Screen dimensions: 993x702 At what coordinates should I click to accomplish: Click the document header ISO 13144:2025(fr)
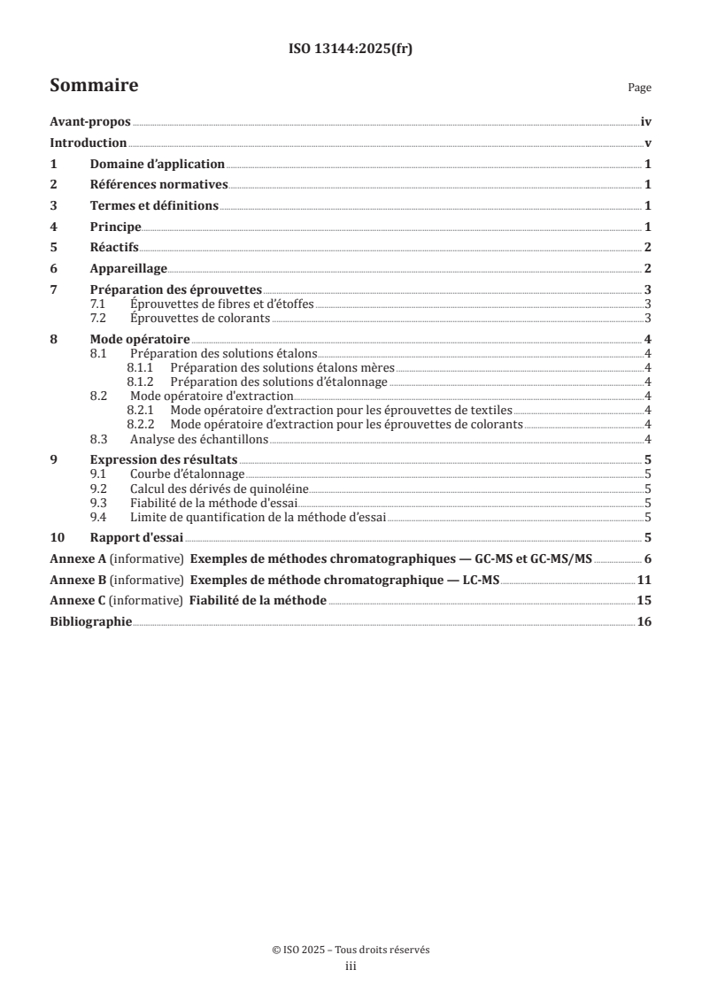[351, 50]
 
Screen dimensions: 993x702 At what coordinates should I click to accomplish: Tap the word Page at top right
[639, 88]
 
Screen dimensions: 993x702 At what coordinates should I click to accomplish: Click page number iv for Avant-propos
[646, 124]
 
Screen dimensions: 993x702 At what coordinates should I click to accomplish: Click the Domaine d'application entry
[158, 165]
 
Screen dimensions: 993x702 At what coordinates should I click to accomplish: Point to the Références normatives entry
[159, 185]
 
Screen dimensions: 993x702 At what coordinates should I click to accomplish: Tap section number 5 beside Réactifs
[54, 247]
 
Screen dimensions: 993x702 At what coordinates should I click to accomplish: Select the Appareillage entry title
[128, 268]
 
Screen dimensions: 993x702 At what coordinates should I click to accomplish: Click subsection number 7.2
[99, 319]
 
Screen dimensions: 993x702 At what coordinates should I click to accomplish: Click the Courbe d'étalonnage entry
[187, 474]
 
